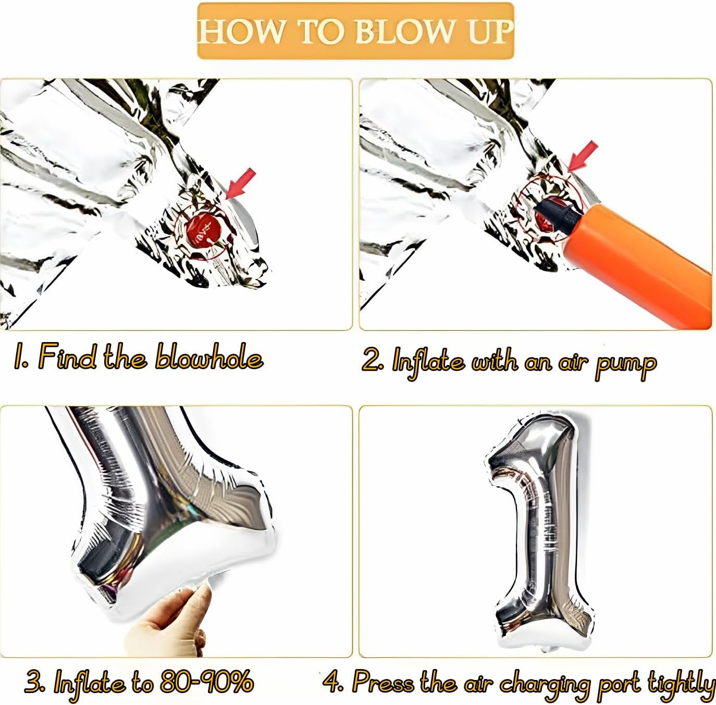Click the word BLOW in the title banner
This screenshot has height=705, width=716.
(404, 31)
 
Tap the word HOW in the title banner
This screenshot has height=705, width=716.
(240, 31)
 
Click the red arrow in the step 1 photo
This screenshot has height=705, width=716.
(241, 183)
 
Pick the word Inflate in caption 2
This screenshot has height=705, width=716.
(428, 363)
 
